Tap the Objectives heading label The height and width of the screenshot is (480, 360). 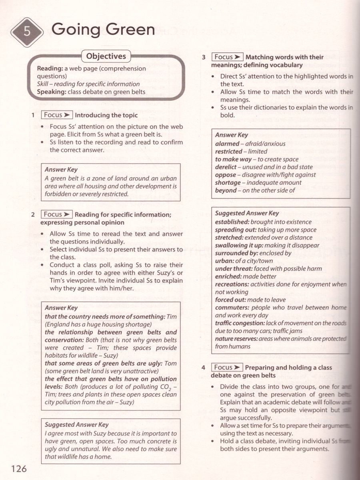(106, 56)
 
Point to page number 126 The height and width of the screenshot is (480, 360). (19, 468)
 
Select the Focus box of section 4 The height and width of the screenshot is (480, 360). (227, 367)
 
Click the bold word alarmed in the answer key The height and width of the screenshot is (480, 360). (227, 143)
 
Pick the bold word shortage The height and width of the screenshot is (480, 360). (228, 182)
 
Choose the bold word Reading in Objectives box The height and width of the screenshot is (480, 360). (50, 68)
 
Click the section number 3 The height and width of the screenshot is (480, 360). (204, 57)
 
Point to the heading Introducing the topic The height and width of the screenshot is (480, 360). (106, 115)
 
